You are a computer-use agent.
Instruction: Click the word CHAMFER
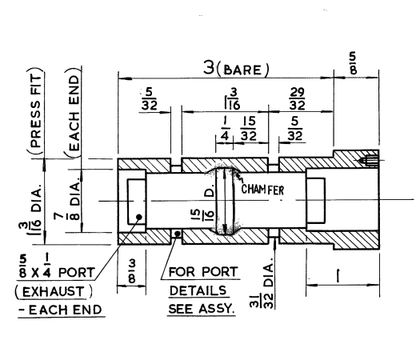(262, 190)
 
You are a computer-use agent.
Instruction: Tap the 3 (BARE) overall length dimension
(236, 68)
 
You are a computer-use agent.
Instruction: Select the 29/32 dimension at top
(297, 99)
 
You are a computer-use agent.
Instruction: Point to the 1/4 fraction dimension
(225, 129)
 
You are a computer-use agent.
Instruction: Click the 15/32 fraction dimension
(249, 129)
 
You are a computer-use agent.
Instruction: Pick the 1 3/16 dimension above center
(232, 99)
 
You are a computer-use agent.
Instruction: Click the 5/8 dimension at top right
(354, 63)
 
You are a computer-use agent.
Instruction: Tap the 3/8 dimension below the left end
(132, 272)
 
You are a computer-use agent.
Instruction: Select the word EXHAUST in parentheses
(54, 292)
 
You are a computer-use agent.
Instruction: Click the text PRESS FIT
(36, 111)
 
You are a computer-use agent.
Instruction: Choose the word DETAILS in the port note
(198, 290)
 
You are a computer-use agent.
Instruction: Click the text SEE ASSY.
(202, 309)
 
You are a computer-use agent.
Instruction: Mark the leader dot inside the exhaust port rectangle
(139, 217)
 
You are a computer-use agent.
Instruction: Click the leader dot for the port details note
(177, 234)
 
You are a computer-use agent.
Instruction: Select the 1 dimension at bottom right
(338, 276)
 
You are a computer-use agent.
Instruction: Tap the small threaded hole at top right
(369, 161)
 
